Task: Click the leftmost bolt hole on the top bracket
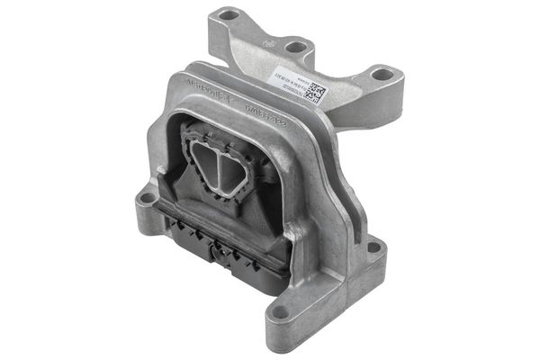point(229,15)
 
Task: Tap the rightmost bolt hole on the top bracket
point(381,75)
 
